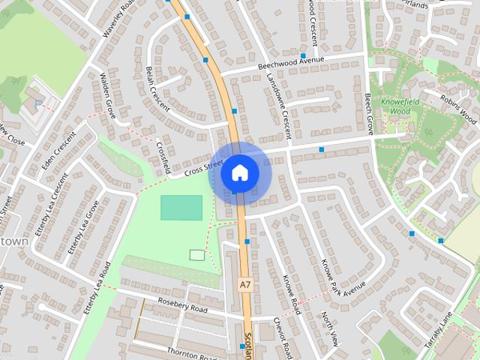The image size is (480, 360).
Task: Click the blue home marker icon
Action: (x=239, y=172)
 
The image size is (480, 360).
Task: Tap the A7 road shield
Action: (x=245, y=284)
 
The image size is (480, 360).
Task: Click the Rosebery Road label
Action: (x=182, y=304)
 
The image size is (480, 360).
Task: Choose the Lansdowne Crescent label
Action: (x=275, y=112)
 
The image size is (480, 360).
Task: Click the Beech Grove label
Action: (x=368, y=112)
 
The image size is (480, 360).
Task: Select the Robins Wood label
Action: (x=458, y=108)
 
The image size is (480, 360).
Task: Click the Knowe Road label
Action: (x=292, y=293)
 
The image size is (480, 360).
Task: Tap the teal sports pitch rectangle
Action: (x=181, y=207)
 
